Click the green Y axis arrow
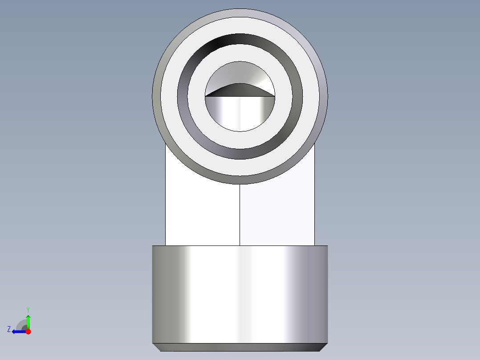(x=28, y=322)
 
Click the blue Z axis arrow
(x=19, y=331)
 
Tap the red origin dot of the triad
(x=28, y=331)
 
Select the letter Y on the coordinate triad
(x=28, y=310)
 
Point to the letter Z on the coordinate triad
(x=9, y=329)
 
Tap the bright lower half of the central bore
(x=240, y=113)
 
